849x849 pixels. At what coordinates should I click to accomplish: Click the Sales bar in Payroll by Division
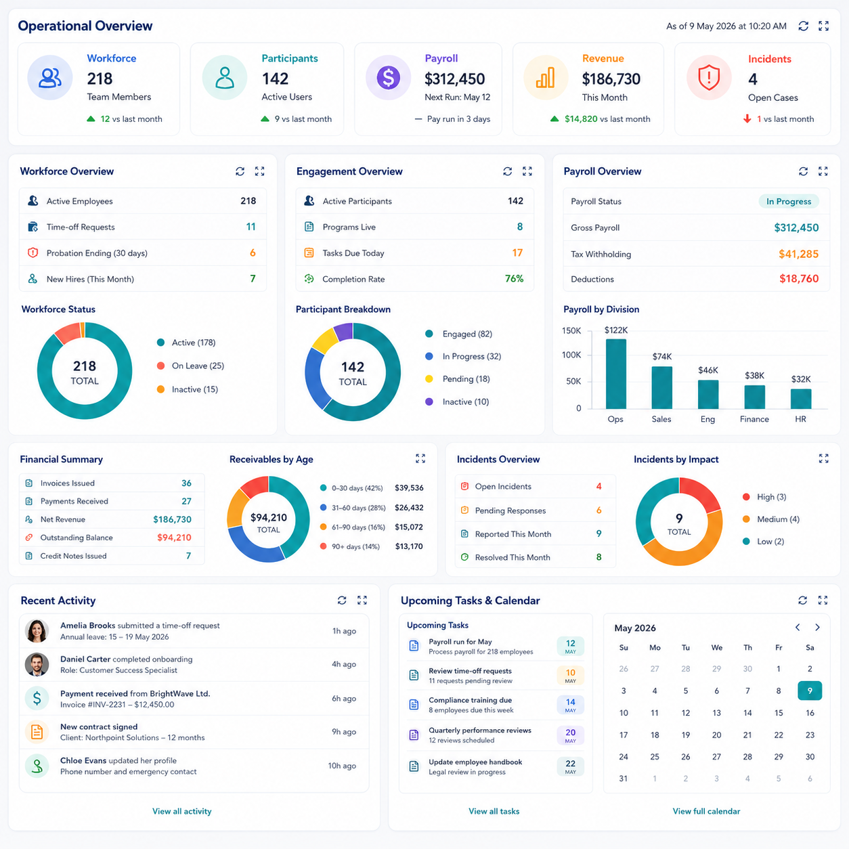tap(661, 387)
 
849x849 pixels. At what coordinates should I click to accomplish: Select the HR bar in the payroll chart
tap(800, 399)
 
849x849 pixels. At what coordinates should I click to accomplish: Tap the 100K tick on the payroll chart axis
tap(571, 355)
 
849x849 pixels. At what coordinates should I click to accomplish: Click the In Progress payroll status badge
tap(788, 201)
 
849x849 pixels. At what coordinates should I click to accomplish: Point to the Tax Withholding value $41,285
tap(798, 254)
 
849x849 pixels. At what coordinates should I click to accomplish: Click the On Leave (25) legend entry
tap(190, 366)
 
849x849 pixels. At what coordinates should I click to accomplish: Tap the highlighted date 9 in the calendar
tap(809, 691)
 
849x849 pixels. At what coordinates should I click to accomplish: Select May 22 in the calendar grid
tap(779, 735)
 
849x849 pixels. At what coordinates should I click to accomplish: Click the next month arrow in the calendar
tap(817, 627)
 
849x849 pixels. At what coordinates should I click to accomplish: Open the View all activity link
tap(182, 811)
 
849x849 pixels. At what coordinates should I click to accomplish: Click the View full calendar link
tap(706, 811)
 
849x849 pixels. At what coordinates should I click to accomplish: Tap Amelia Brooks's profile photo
tap(37, 631)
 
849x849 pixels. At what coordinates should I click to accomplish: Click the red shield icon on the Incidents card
tap(709, 78)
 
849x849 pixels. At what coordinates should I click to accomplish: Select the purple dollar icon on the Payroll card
tap(388, 78)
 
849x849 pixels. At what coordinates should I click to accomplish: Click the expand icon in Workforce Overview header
tap(259, 171)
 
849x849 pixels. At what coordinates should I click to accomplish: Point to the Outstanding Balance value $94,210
tap(174, 538)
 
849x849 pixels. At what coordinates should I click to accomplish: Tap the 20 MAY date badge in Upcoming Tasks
tap(570, 735)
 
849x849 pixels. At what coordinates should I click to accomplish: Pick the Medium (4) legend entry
tap(771, 519)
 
